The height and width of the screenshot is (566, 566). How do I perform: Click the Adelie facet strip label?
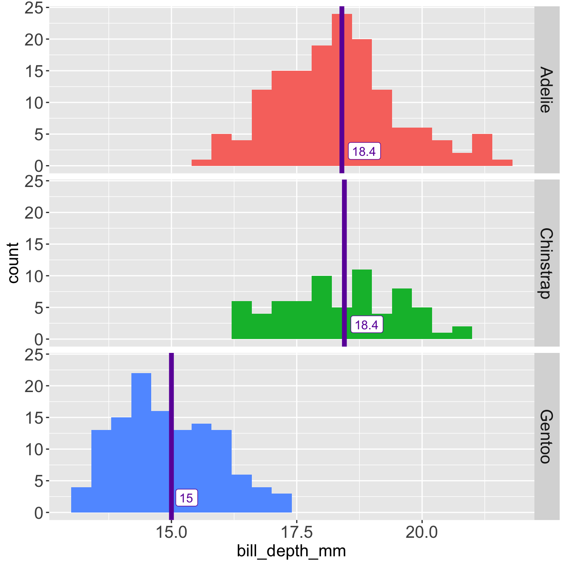coord(545,89)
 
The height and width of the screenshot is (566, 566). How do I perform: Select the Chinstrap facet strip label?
coord(545,263)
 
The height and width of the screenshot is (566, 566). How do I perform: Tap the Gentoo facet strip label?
coord(545,436)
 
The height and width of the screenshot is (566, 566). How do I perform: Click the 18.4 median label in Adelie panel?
coord(364,151)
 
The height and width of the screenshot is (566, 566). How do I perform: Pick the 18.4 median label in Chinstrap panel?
coord(367,325)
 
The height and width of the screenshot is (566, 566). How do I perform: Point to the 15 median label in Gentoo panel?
coord(186,498)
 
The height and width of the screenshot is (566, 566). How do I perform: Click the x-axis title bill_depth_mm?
coord(291,551)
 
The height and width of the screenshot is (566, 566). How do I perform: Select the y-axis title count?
coord(13,263)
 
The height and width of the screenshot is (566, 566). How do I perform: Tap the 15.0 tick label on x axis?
coord(171,533)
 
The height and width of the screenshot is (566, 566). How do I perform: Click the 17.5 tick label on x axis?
coord(296,533)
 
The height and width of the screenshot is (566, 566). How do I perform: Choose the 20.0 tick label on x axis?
coord(422,533)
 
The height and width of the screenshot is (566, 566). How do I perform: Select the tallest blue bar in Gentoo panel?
coord(141,442)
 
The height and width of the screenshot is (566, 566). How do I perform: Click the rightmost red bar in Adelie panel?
coord(502,163)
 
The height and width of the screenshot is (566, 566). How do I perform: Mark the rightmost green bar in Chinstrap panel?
coord(462,333)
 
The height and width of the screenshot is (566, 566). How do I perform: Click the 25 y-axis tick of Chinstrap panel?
coord(34,181)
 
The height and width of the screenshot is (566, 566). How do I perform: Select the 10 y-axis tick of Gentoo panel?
coord(34,449)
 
